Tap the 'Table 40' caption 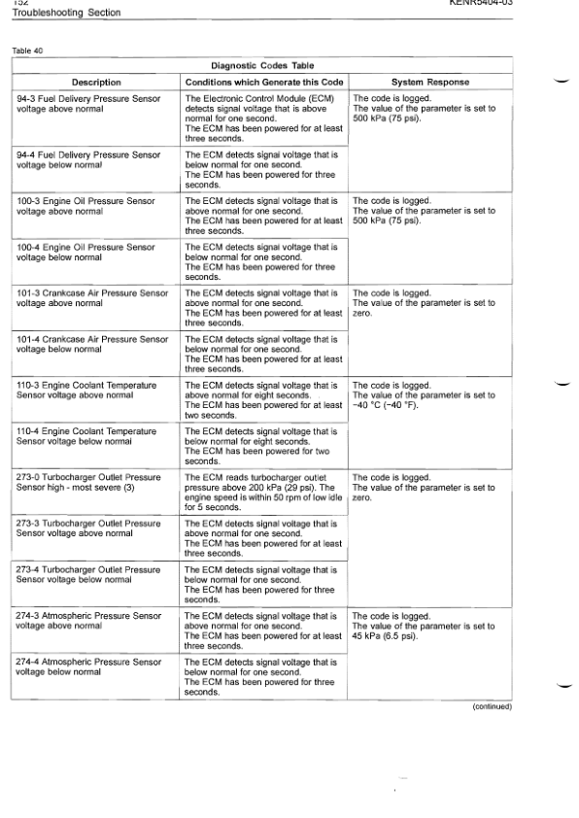(x=29, y=50)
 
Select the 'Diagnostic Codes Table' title (x=261, y=65)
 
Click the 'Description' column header (x=96, y=82)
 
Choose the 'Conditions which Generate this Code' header (x=261, y=82)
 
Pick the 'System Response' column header (x=429, y=82)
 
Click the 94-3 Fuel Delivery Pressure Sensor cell (x=89, y=104)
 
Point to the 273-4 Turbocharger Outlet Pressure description (x=89, y=574)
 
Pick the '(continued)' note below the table (x=492, y=706)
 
